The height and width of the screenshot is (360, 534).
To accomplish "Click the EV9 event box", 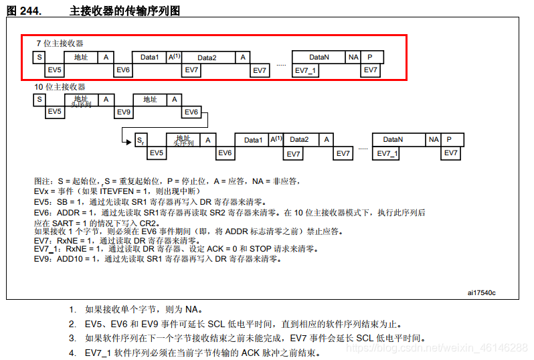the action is (123, 112).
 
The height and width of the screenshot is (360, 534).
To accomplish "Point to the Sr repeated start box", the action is (140, 140).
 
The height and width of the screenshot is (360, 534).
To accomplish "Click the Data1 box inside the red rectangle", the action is (149, 58).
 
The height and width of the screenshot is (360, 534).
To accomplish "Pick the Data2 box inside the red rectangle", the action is (207, 58).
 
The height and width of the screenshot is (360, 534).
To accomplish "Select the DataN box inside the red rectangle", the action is (319, 58).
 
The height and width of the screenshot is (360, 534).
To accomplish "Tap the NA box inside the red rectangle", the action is (353, 58).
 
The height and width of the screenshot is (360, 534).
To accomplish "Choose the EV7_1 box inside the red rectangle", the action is (306, 70).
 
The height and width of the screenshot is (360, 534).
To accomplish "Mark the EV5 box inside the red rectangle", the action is (54, 70).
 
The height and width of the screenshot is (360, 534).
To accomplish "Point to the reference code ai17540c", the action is (482, 292).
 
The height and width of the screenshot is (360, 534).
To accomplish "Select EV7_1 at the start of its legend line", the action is (47, 248).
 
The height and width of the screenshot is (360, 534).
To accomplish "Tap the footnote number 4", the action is (72, 353).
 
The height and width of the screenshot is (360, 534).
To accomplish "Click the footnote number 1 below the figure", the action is (72, 309).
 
